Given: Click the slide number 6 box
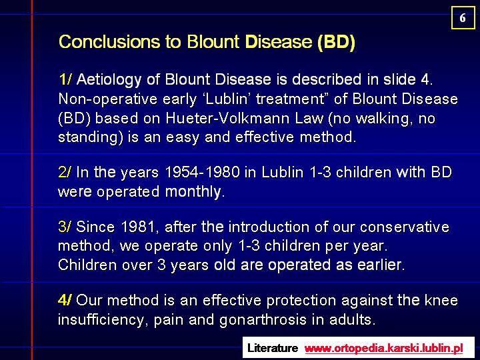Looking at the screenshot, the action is (463, 18).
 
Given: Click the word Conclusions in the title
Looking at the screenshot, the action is (109, 41).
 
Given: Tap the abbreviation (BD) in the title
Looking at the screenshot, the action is (337, 42).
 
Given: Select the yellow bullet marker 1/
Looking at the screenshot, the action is (65, 79).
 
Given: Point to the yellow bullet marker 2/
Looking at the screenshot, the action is (64, 172).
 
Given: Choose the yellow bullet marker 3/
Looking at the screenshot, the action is (64, 227).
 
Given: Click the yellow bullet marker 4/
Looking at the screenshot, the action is (65, 300).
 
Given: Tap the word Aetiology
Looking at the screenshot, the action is (109, 80).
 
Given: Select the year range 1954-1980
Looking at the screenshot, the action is (202, 172).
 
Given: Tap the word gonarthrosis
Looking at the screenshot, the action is (263, 320).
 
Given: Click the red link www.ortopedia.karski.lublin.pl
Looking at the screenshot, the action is (384, 349).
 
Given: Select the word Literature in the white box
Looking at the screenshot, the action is (273, 348).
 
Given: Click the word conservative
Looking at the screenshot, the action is (405, 227).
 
